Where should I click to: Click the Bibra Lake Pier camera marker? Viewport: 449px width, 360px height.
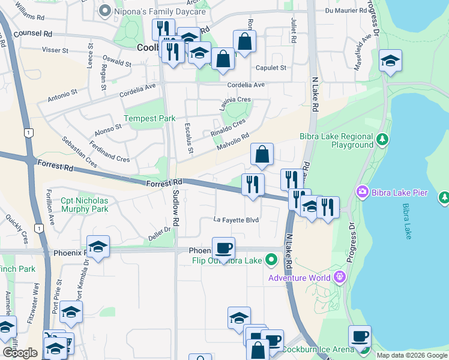[x=362, y=192]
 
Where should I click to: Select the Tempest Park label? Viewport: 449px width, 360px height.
[x=149, y=119]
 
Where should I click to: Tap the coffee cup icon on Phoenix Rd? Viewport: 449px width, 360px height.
[x=223, y=248]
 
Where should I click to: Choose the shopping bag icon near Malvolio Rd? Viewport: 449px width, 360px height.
[x=262, y=154]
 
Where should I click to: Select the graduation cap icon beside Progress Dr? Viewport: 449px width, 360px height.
[x=390, y=61]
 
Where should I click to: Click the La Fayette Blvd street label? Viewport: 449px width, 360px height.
[x=237, y=220]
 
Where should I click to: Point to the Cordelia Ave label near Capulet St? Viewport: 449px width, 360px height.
[x=243, y=85]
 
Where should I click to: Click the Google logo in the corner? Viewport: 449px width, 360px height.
[x=20, y=353]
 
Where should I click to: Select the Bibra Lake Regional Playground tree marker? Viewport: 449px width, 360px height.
[x=382, y=140]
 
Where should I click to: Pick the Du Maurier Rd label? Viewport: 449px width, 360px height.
[x=345, y=10]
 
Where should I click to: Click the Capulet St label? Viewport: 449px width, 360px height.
[x=271, y=68]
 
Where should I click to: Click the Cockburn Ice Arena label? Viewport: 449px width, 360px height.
[x=327, y=350]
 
